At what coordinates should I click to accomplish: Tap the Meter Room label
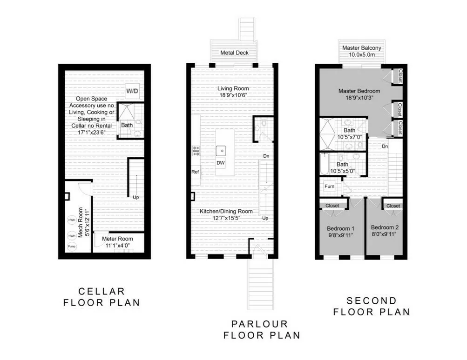click(x=114, y=239)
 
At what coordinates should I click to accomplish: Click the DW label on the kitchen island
click(x=221, y=163)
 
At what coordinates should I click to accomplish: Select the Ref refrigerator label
click(x=196, y=172)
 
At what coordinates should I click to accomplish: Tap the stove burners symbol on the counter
click(x=196, y=150)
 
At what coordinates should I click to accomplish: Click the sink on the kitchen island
click(x=222, y=150)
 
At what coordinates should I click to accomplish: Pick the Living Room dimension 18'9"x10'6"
click(x=234, y=95)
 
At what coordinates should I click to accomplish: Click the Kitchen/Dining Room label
click(x=226, y=211)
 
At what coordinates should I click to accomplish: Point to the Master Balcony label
click(x=362, y=48)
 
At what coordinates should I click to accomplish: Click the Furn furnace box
click(x=329, y=186)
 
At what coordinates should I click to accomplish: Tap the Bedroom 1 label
click(x=341, y=228)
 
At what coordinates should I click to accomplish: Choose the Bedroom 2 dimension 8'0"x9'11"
click(x=385, y=235)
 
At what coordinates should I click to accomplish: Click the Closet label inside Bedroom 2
click(x=393, y=206)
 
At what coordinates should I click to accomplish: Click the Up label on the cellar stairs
click(x=135, y=197)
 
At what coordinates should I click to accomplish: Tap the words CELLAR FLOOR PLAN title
click(x=102, y=297)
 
